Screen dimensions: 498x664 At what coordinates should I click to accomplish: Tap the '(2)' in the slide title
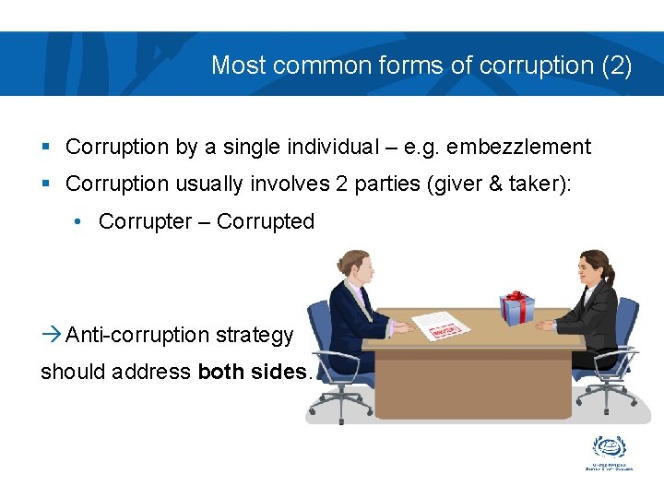point(615,65)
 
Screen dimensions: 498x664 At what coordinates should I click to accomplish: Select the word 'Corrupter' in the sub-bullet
point(141,221)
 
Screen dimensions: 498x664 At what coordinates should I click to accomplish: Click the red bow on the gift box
point(517,297)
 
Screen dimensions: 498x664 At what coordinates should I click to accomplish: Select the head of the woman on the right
point(594,267)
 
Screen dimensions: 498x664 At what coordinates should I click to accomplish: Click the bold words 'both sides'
point(252,372)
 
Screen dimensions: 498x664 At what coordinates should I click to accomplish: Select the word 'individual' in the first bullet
point(332,147)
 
